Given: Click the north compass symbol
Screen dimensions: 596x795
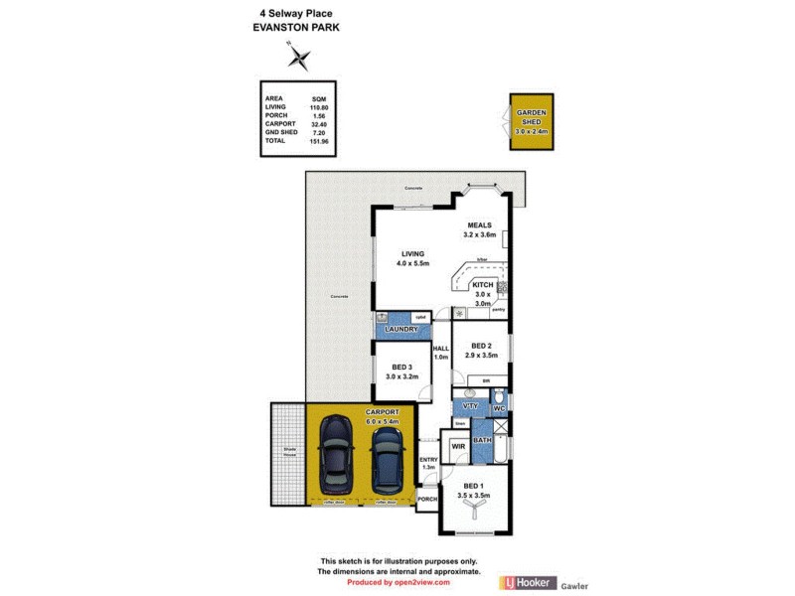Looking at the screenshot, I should click(298, 60).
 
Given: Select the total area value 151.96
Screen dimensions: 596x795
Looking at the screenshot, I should click(318, 141).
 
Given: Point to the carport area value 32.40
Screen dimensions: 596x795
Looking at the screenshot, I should click(318, 124).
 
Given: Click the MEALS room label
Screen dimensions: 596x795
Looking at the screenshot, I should click(479, 225).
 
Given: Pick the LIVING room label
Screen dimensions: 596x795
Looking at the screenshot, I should click(399, 254).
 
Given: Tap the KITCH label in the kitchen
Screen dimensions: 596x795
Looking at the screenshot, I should click(483, 285).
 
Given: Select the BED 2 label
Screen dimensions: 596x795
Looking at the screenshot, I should click(483, 346).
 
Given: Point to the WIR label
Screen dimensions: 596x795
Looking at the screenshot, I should click(458, 447).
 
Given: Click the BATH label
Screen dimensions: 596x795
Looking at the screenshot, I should click(482, 440).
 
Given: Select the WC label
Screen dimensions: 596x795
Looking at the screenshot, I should click(500, 408).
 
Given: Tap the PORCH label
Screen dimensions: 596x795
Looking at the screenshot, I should click(427, 499).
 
